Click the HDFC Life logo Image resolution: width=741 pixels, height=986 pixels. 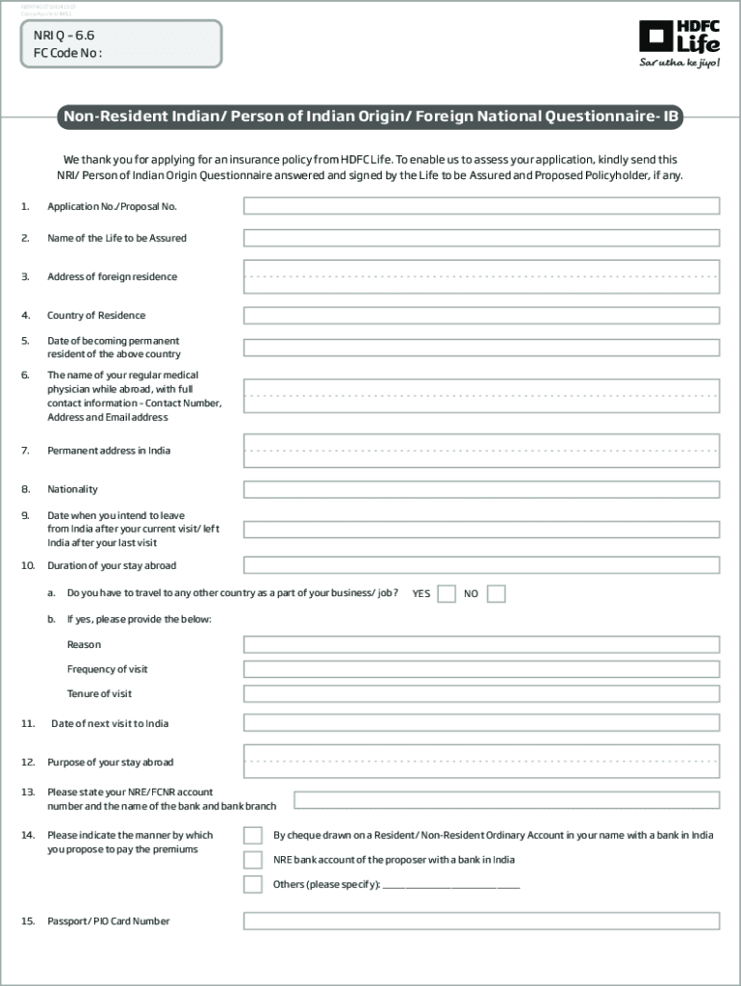point(678,38)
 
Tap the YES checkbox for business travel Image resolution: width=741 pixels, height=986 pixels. point(447,594)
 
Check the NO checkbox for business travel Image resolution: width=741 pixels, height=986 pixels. point(496,594)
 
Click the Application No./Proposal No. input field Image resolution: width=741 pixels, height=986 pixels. point(481,206)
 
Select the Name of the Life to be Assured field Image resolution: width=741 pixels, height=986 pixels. point(481,238)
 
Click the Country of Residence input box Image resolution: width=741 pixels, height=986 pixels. point(481,316)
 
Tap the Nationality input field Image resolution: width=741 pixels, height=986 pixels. point(481,489)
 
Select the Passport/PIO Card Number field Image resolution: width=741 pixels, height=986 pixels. point(481,921)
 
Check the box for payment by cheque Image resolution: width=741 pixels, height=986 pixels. point(253,836)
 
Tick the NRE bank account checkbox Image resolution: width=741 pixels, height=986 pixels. point(253,860)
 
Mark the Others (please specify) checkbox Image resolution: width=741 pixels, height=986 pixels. point(253,884)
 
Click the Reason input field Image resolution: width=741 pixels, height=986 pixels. point(481,645)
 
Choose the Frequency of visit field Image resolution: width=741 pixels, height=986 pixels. point(481,669)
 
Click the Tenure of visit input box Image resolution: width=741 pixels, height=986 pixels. point(481,694)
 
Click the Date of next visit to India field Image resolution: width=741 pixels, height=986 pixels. point(481,723)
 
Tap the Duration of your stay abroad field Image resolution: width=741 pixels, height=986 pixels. point(481,565)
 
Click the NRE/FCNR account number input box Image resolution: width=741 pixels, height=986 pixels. point(506,799)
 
